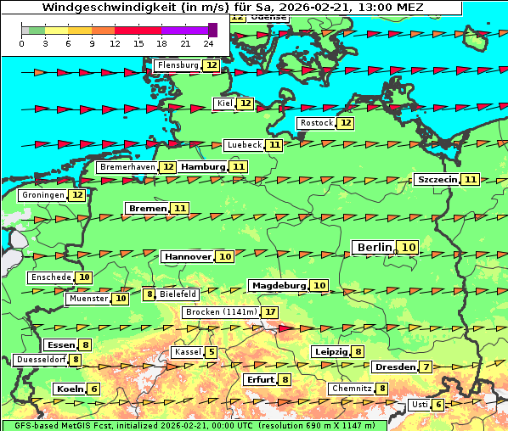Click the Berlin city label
tap(374, 247)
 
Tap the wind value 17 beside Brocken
tap(270, 312)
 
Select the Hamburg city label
tap(203, 167)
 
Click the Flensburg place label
tap(178, 65)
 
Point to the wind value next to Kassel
tap(211, 352)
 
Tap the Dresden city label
tap(394, 367)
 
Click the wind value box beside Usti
tap(438, 405)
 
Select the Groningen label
tap(44, 195)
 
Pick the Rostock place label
tap(316, 123)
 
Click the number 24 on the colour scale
tap(209, 43)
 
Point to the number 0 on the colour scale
tap(21, 43)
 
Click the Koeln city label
tap(69, 389)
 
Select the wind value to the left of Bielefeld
tap(150, 294)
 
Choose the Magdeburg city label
tap(278, 285)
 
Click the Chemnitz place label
tap(352, 389)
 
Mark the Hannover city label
tap(187, 256)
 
